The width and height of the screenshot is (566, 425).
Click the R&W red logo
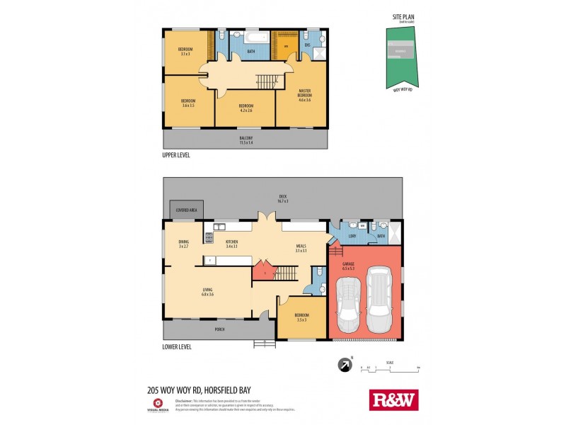394,399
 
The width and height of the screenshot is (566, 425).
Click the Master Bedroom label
305,96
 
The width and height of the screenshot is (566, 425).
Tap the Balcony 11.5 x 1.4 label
246,140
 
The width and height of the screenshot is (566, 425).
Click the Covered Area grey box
186,210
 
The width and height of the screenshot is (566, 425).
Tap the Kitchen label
231,244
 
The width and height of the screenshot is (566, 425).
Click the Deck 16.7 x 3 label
282,199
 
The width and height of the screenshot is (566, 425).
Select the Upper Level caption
176,154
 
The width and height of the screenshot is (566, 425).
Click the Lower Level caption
177,347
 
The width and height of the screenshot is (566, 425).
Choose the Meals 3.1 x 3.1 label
301,249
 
